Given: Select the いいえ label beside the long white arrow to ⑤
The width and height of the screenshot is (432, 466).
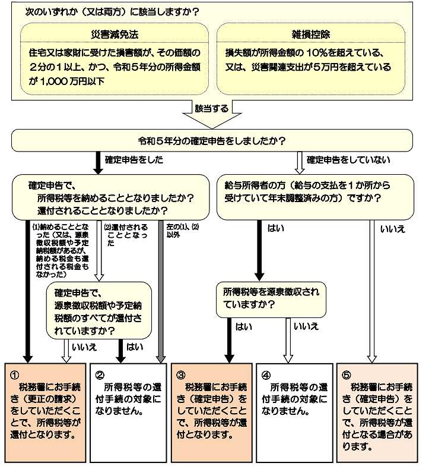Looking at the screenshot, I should (x=393, y=228).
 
